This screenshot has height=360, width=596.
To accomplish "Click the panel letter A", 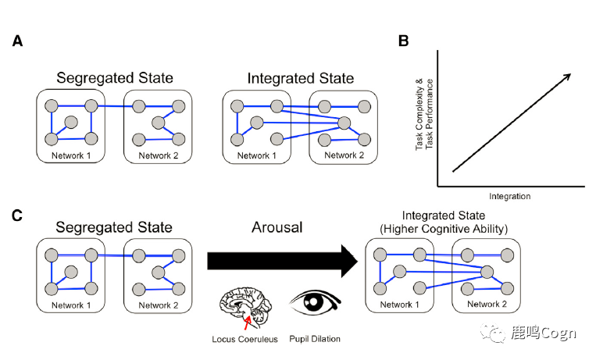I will [17, 41].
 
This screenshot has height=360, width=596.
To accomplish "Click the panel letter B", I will [403, 41].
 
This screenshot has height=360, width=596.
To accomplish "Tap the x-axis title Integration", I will [509, 196].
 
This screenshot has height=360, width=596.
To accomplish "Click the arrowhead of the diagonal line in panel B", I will [567, 76].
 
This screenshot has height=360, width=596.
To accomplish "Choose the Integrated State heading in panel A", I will [300, 78].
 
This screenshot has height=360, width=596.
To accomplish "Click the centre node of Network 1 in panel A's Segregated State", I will [71, 122].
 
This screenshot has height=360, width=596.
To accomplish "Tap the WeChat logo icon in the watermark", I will [494, 334].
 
